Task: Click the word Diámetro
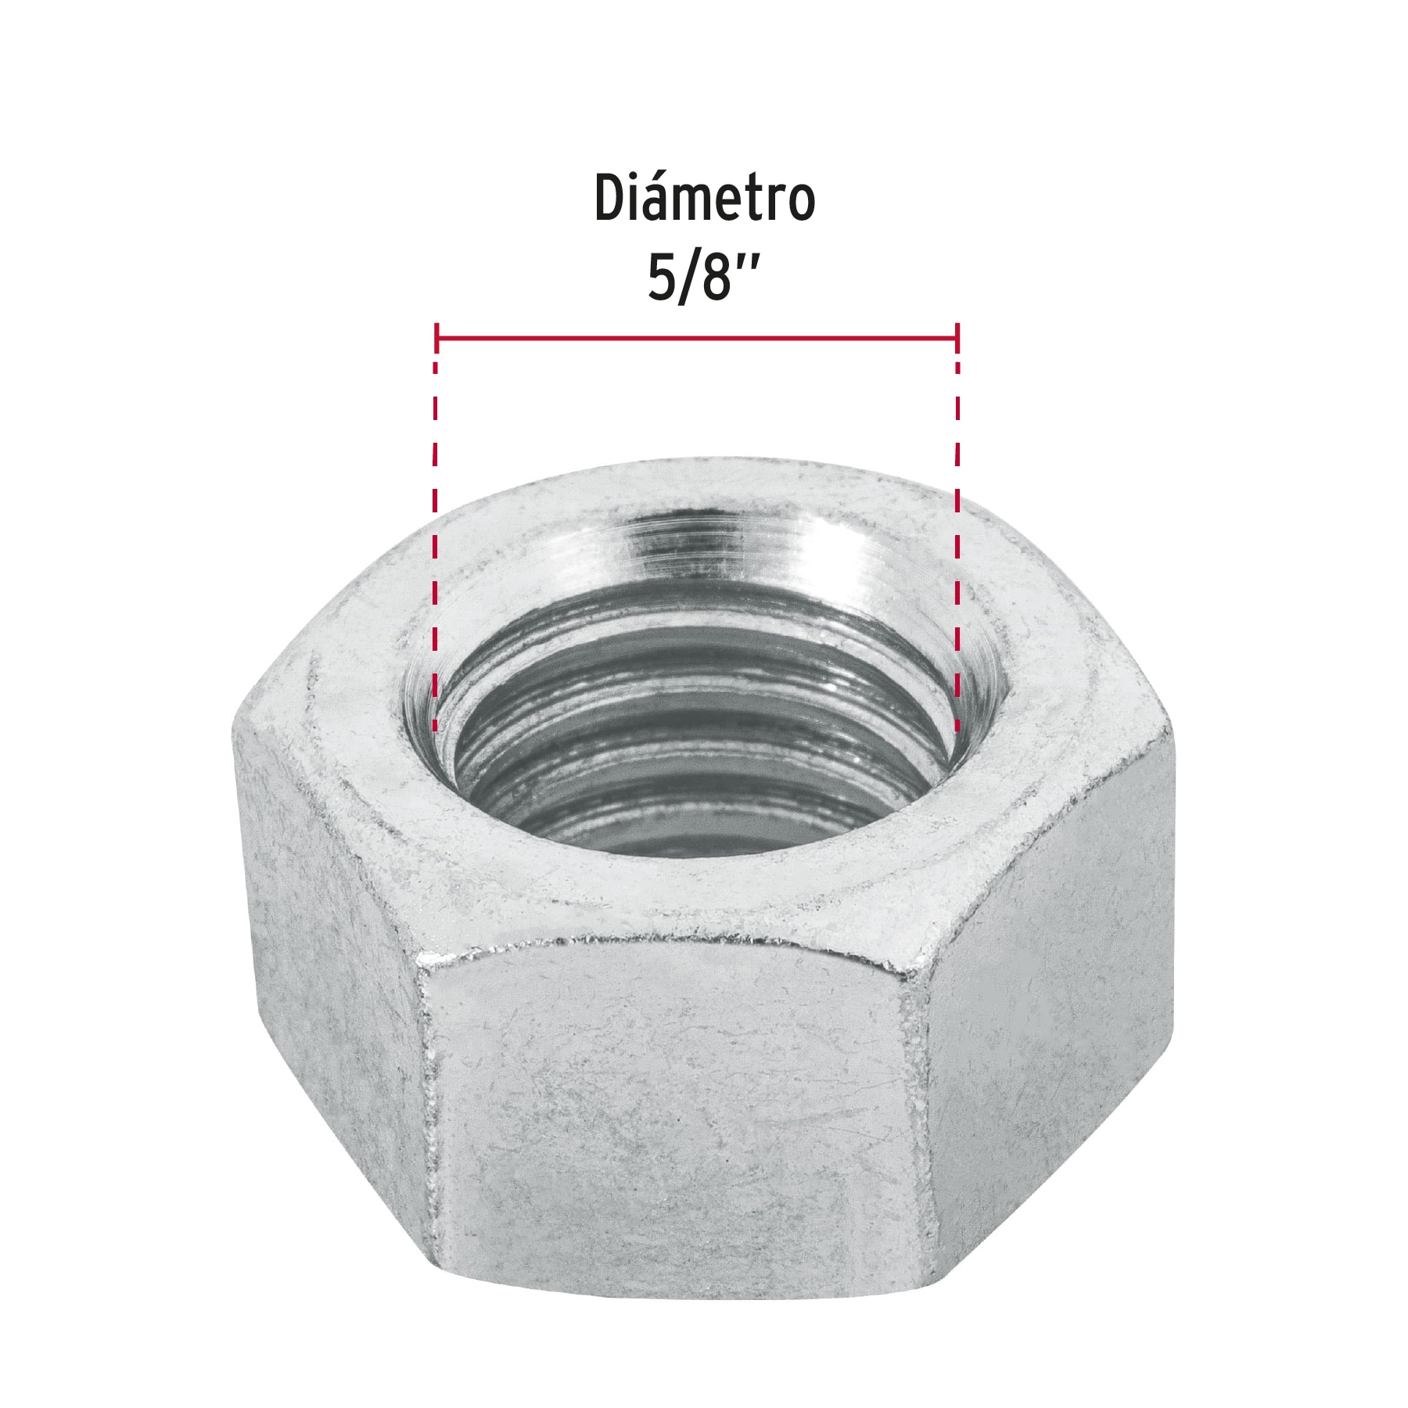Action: coord(704,199)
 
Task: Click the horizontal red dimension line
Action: coord(696,338)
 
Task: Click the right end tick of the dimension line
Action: coord(957,338)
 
